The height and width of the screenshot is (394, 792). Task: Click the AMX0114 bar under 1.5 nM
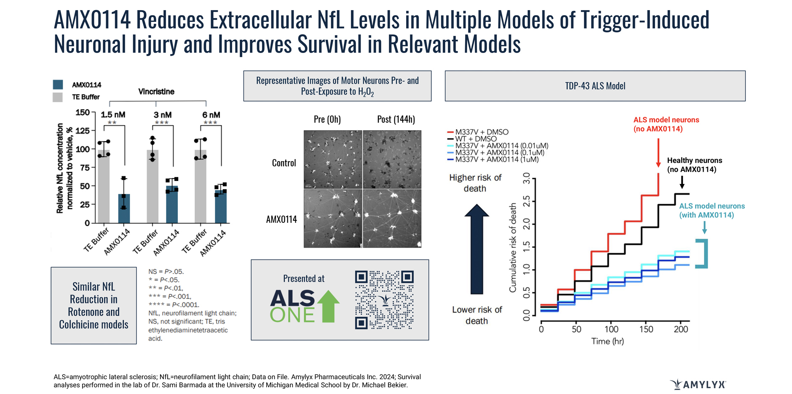pyautogui.click(x=124, y=208)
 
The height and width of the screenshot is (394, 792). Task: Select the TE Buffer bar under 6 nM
pyautogui.click(x=201, y=186)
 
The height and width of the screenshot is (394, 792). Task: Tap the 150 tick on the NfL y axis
pyautogui.click(x=83, y=112)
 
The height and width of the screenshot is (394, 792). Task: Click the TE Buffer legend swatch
pyautogui.click(x=58, y=97)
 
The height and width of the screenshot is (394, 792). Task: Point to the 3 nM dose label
pyautogui.click(x=162, y=115)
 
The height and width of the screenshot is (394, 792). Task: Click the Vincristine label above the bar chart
pyautogui.click(x=156, y=92)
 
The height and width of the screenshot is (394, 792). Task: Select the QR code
pyautogui.click(x=384, y=300)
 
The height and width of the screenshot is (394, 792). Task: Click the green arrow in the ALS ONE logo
pyautogui.click(x=328, y=306)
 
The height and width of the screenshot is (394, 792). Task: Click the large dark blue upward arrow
pyautogui.click(x=476, y=249)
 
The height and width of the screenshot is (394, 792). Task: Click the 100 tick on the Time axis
pyautogui.click(x=611, y=329)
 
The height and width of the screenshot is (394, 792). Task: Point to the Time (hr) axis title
pyautogui.click(x=607, y=341)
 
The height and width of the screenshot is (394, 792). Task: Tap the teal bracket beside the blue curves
pyautogui.click(x=703, y=254)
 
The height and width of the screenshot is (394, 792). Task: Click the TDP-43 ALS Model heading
pyautogui.click(x=595, y=86)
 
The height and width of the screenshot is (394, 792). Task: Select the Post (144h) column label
pyautogui.click(x=396, y=119)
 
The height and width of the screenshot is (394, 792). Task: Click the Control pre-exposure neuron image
pyautogui.click(x=333, y=159)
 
